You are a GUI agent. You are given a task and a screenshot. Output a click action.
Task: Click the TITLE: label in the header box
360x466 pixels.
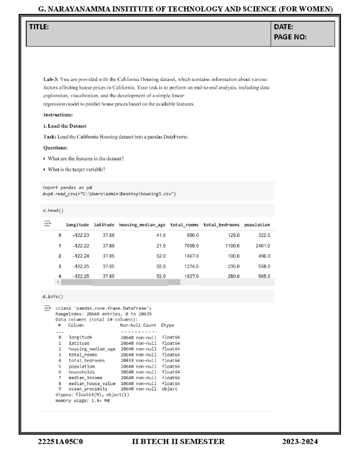click(39, 27)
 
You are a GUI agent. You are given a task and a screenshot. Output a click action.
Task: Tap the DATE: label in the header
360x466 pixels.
click(283, 27)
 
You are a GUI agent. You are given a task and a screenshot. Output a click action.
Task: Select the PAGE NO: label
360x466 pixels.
click(290, 37)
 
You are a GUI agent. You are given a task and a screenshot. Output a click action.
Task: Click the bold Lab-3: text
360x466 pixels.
click(51, 80)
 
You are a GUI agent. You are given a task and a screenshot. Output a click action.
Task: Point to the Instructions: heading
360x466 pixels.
click(58, 115)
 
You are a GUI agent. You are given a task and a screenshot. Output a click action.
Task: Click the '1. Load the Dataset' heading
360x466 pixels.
click(65, 126)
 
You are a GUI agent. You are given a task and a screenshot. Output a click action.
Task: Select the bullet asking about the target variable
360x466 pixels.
click(76, 170)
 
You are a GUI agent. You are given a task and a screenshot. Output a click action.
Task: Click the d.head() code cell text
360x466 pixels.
click(53, 211)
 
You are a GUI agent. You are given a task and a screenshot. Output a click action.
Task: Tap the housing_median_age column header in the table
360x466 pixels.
click(142, 225)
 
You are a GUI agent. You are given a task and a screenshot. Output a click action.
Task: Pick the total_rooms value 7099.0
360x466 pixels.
click(191, 246)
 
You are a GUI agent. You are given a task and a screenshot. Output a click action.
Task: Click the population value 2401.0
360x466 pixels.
click(262, 246)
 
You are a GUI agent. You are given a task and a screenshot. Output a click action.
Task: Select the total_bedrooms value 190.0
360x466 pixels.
click(233, 256)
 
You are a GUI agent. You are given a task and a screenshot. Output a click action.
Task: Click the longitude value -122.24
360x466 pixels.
click(81, 256)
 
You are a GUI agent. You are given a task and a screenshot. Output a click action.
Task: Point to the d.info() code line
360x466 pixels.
click(53, 297)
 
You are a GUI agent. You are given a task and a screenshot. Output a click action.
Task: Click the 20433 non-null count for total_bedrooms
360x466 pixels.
click(139, 360)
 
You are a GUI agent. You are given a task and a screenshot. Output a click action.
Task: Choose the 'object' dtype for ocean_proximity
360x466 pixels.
click(169, 389)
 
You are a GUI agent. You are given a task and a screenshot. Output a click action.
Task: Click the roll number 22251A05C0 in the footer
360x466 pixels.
click(60, 442)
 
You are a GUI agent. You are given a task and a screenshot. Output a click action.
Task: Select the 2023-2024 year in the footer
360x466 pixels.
click(300, 442)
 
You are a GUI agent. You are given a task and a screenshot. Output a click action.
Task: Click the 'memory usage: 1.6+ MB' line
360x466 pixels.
click(82, 401)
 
